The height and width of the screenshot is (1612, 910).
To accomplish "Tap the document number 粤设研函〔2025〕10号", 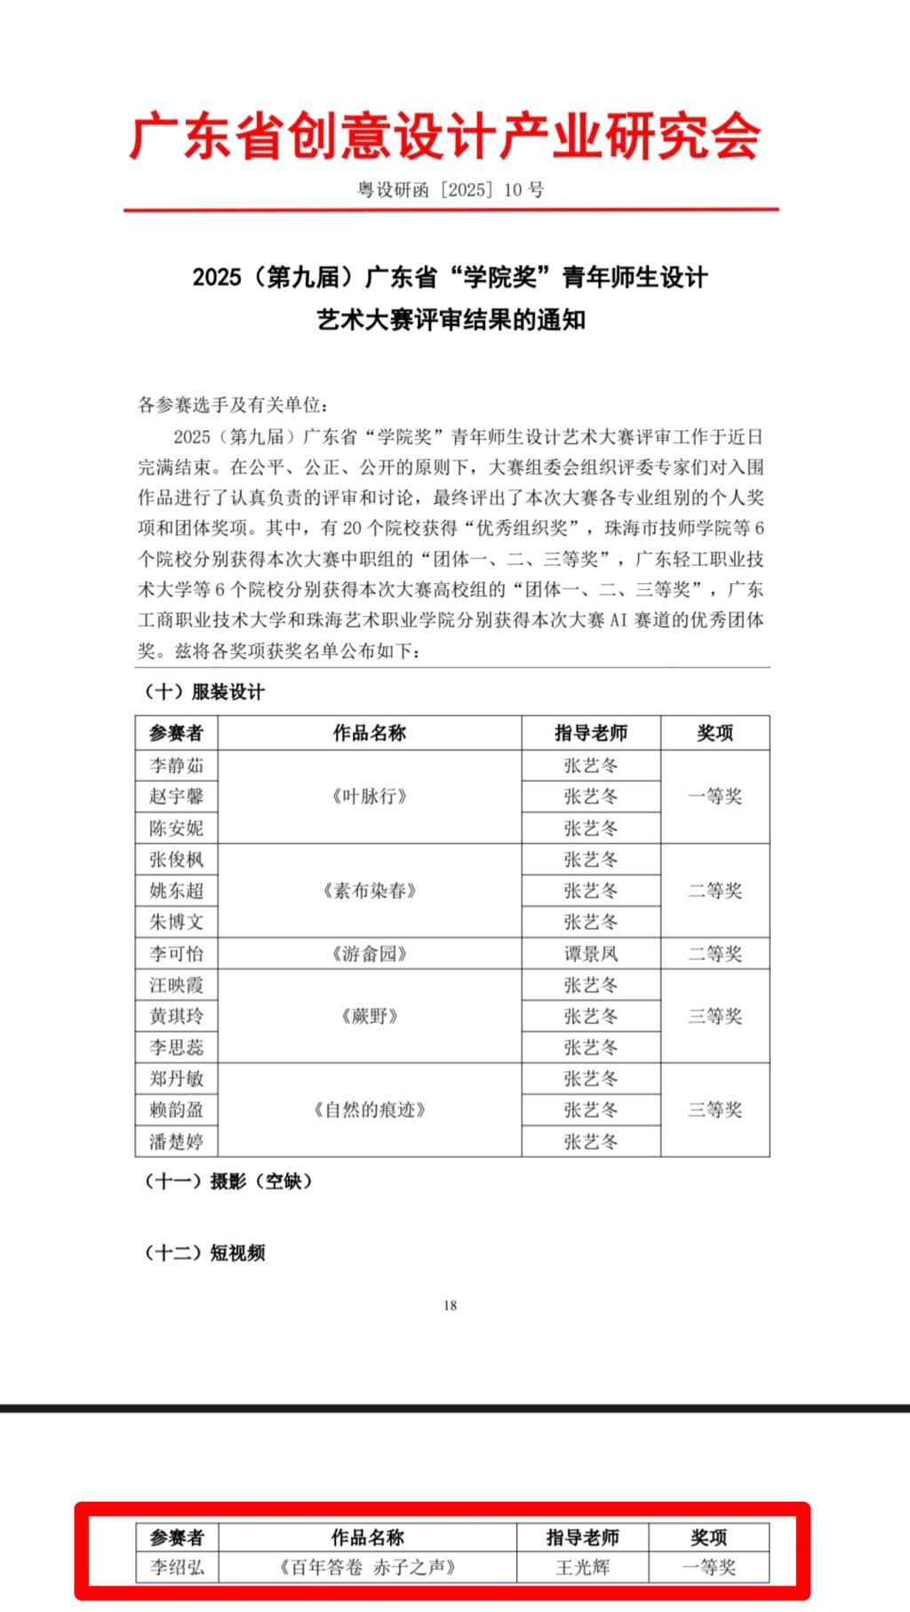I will tap(451, 189).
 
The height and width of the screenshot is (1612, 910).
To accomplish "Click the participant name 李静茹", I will tap(176, 765).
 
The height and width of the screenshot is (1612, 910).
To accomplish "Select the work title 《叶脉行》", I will tap(369, 796).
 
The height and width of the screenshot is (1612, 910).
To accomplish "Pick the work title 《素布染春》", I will tap(369, 890).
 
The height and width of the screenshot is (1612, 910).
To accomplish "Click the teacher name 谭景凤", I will tap(590, 954).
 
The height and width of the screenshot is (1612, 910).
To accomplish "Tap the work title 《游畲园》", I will tap(369, 954).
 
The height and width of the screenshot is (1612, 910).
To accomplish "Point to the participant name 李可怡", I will tap(176, 954).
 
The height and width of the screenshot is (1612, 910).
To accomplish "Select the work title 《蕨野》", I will tap(369, 1016).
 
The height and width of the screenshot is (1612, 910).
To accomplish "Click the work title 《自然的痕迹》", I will tap(369, 1109).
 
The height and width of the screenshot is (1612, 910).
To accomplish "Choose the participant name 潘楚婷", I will tap(176, 1141).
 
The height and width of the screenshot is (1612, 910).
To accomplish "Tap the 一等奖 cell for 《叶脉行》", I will tap(714, 796).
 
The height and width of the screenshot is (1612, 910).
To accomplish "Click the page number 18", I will tap(450, 1305).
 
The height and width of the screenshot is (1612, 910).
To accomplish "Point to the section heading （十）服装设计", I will tap(204, 691).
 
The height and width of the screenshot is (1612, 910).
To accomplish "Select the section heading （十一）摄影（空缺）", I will tap(228, 1181).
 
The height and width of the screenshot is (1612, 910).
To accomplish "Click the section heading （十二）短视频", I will tap(205, 1253).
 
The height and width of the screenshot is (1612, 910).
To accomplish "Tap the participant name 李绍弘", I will tap(176, 1567).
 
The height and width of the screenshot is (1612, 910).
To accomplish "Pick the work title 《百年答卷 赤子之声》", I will tap(367, 1567).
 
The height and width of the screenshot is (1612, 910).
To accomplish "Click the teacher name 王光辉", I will tap(582, 1567).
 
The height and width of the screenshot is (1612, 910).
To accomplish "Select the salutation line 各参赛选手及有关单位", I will tap(233, 405).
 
